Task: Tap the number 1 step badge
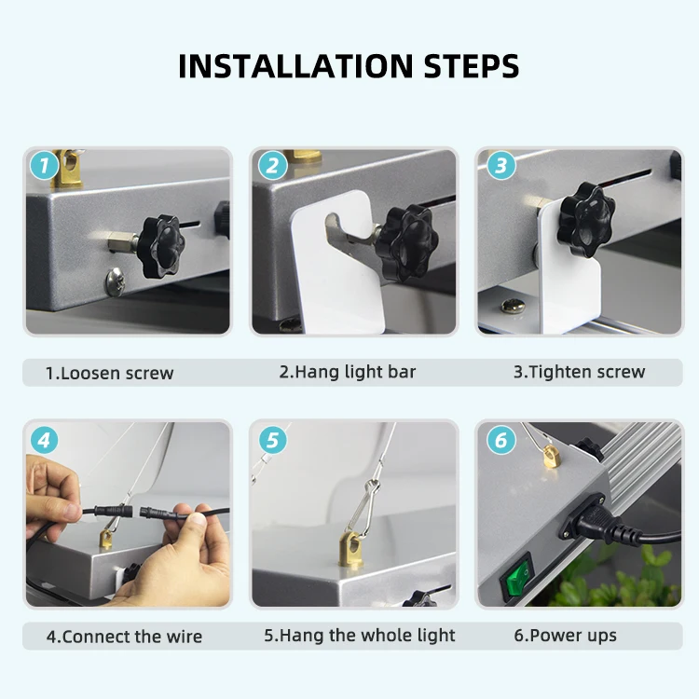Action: [x=44, y=167]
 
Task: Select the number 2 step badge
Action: [x=271, y=167]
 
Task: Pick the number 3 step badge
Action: [x=500, y=167]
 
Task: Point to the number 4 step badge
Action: [x=44, y=439]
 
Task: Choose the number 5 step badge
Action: [x=271, y=439]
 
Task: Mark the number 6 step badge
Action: [x=500, y=439]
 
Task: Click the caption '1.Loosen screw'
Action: [x=110, y=373]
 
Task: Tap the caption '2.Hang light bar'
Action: [x=347, y=372]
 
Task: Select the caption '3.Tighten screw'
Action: [x=579, y=372]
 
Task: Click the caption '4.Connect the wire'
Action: [x=124, y=637]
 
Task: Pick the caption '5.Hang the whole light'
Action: [x=360, y=636]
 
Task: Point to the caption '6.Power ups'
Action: [x=565, y=636]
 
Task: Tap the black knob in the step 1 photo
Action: [x=158, y=245]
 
